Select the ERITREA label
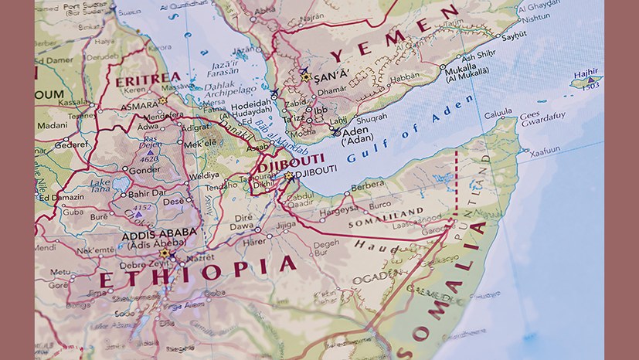(148, 78)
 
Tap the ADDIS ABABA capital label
(158, 234)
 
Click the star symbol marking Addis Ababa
(163, 253)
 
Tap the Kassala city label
(73, 102)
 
